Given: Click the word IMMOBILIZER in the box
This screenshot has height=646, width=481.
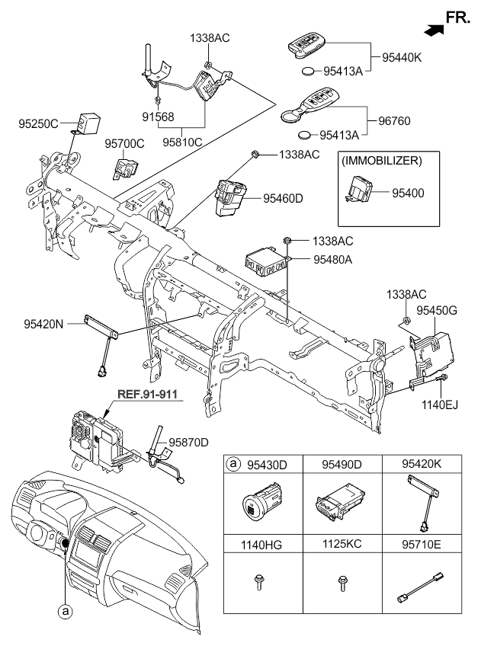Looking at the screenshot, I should [x=388, y=161].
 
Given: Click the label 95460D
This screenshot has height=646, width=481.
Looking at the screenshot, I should [x=283, y=198].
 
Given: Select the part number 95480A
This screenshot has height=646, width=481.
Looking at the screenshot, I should [x=333, y=260].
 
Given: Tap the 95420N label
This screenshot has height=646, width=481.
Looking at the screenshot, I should [x=44, y=322].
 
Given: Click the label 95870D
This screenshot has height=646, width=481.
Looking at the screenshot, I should [x=188, y=441].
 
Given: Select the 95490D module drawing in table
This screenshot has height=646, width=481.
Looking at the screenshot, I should [x=340, y=504].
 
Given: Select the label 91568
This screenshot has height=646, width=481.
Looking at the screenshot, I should [x=159, y=117].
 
